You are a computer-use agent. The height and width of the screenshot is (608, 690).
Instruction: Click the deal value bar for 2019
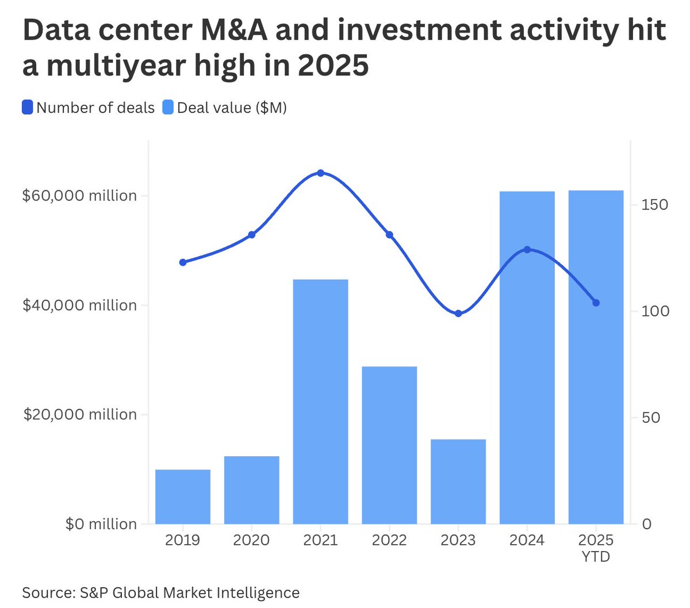183,496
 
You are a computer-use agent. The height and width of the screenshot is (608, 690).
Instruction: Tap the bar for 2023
458,481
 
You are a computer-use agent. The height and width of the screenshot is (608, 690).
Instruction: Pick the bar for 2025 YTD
596,357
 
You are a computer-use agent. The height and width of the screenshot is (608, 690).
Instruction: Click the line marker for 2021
320,173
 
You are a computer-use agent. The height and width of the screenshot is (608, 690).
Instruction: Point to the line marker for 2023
458,313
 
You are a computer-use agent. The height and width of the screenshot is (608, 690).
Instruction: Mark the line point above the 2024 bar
527,250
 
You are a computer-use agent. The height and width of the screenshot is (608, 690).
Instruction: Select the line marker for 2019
183,262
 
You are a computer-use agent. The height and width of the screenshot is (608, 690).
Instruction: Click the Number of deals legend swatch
28,108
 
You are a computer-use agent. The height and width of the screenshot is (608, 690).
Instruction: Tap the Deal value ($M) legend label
232,108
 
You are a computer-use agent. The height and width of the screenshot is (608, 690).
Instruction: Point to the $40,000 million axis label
80,305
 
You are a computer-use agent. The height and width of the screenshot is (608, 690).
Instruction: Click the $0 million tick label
101,524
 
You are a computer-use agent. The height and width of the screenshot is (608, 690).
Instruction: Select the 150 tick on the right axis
655,205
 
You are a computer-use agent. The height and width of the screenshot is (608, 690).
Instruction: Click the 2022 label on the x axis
389,540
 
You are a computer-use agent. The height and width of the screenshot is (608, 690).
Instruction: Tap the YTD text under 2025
596,557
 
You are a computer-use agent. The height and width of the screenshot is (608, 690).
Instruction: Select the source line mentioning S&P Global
161,592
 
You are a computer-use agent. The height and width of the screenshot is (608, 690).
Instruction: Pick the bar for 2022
389,445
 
